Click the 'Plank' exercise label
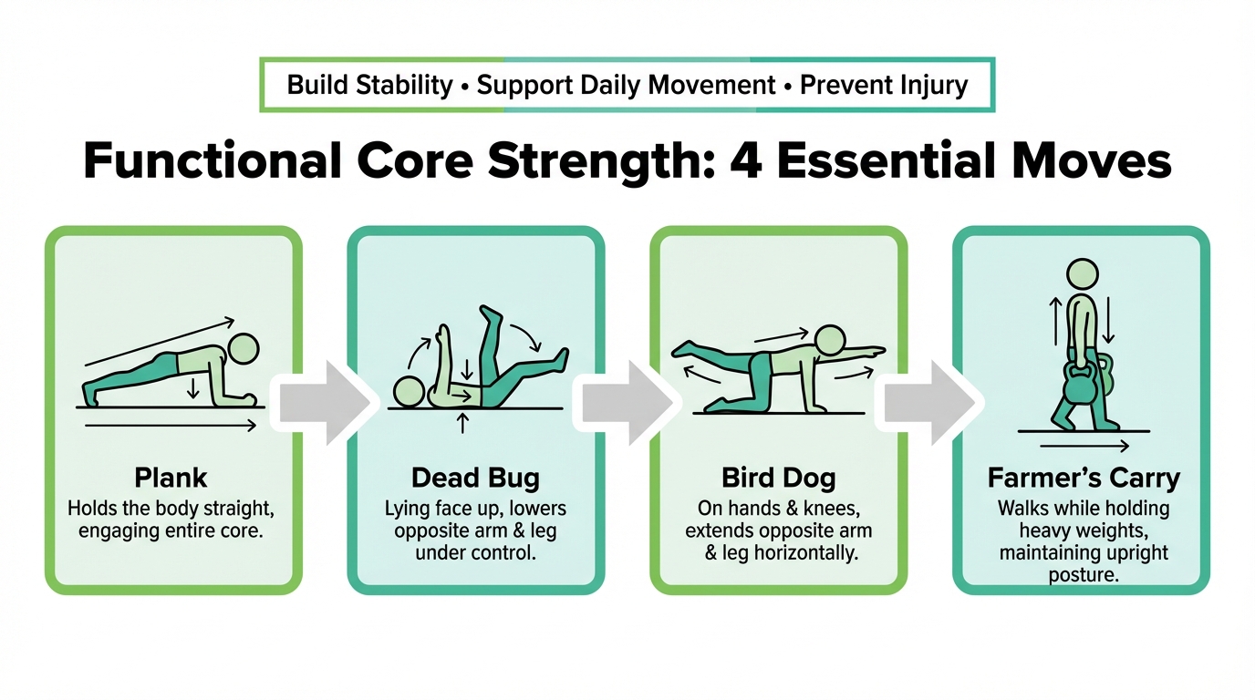pyautogui.click(x=171, y=479)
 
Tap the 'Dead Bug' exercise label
pyautogui.click(x=476, y=479)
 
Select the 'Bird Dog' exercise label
pyautogui.click(x=778, y=479)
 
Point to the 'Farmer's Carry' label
pyautogui.click(x=1084, y=479)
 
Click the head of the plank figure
pyautogui.click(x=244, y=349)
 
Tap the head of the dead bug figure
pyautogui.click(x=409, y=391)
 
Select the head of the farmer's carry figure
pyautogui.click(x=1083, y=274)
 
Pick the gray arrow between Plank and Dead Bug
pyautogui.click(x=325, y=403)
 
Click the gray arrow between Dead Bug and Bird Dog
pyautogui.click(x=627, y=403)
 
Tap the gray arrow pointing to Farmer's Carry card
pyautogui.click(x=930, y=403)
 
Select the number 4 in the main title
pyautogui.click(x=747, y=161)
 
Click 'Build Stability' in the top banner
pyautogui.click(x=369, y=86)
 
